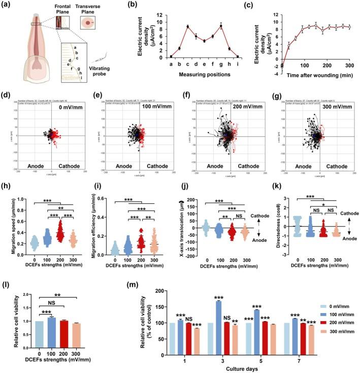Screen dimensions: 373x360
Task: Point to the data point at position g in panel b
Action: click(x=221, y=26)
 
